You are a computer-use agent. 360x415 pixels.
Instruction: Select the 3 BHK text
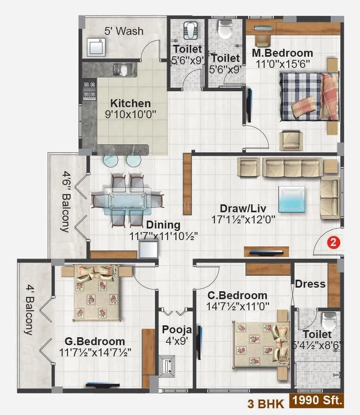pos(266,404)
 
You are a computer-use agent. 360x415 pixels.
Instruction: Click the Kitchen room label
pos(130,104)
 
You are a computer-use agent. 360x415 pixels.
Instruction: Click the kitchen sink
pos(119,70)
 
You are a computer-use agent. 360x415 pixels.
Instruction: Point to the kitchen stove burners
pos(89,89)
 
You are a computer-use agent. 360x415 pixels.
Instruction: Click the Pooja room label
pos(177,330)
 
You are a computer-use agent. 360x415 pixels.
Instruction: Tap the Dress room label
pos(310,284)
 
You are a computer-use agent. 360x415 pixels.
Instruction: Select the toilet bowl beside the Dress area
pos(328,320)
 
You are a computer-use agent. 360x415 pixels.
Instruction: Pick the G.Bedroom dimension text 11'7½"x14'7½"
pos(95,352)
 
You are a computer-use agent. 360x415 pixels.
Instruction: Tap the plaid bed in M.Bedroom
pos(307,96)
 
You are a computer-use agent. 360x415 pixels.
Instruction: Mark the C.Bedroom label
pos(237,296)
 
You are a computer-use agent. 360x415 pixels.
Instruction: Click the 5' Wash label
pos(124,31)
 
